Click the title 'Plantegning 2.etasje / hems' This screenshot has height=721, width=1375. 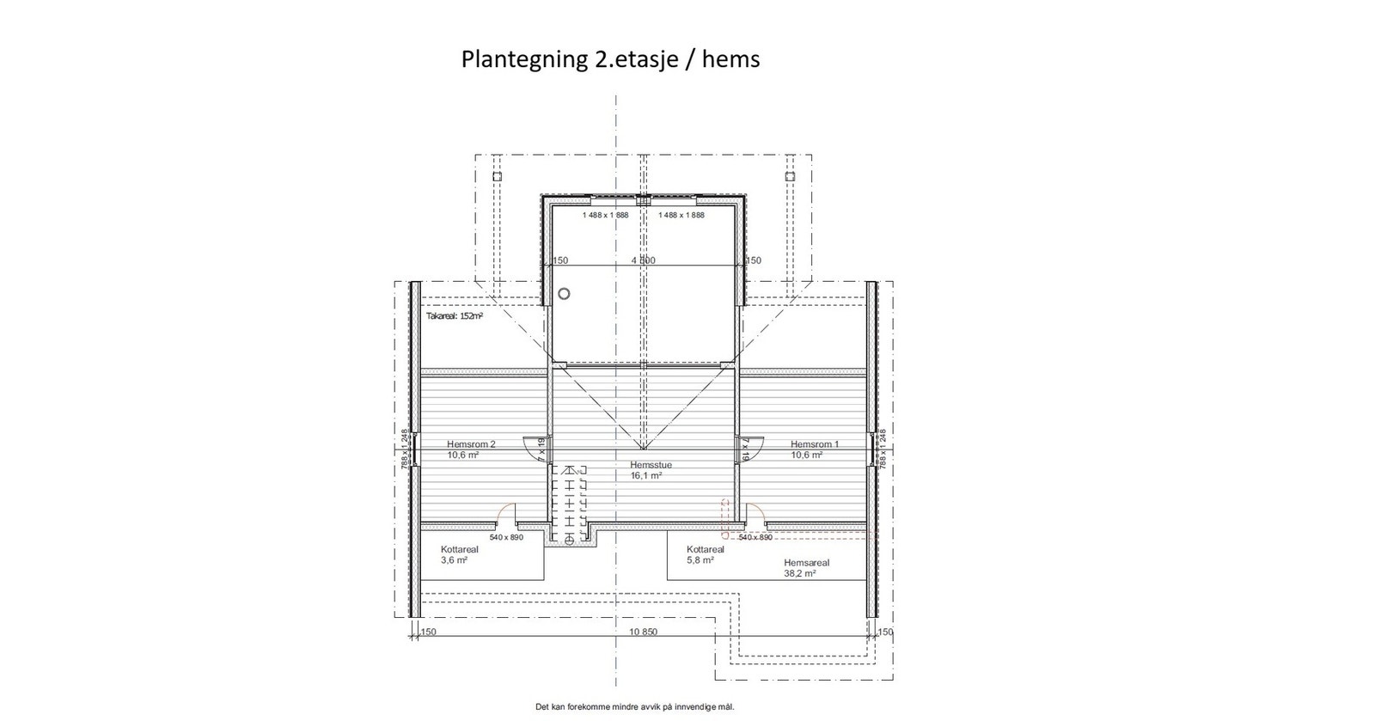pyautogui.click(x=610, y=59)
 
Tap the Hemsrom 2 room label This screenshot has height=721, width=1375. pyautogui.click(x=471, y=444)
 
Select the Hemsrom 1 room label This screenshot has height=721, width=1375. pyautogui.click(x=815, y=444)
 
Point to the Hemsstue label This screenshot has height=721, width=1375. pyautogui.click(x=651, y=465)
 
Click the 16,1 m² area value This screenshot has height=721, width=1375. pyautogui.click(x=646, y=475)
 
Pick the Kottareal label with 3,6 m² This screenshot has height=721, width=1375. pyautogui.click(x=459, y=549)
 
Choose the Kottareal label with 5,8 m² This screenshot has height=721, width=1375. pyautogui.click(x=705, y=549)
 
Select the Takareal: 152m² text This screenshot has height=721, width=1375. pyautogui.click(x=454, y=316)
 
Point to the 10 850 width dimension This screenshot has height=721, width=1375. pyautogui.click(x=643, y=632)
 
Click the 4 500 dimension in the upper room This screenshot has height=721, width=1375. pyautogui.click(x=643, y=260)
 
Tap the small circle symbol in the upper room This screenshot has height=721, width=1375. pyautogui.click(x=564, y=293)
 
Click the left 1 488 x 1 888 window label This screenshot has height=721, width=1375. pyautogui.click(x=605, y=216)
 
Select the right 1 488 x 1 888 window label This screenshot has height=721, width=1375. pyautogui.click(x=681, y=216)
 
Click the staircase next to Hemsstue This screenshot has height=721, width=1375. pyautogui.click(x=570, y=504)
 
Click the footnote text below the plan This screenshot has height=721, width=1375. pyautogui.click(x=635, y=707)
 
